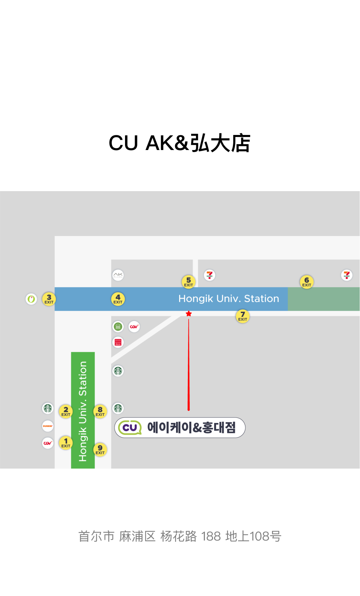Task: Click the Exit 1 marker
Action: pyautogui.click(x=66, y=443)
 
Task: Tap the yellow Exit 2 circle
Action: pyautogui.click(x=66, y=411)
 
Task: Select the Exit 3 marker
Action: pyautogui.click(x=49, y=299)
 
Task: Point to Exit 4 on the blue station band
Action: pyautogui.click(x=118, y=299)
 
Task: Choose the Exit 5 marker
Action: pyautogui.click(x=188, y=282)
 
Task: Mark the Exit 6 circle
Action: pyautogui.click(x=307, y=282)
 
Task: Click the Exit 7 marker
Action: pyautogui.click(x=243, y=316)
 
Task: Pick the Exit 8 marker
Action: pyautogui.click(x=100, y=411)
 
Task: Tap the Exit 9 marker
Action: pyautogui.click(x=100, y=449)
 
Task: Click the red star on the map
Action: pyautogui.click(x=188, y=313)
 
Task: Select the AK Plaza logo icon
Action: pyautogui.click(x=118, y=275)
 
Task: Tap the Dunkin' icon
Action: pyautogui.click(x=48, y=426)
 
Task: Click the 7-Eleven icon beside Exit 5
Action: pyautogui.click(x=209, y=275)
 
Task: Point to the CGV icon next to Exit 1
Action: pyautogui.click(x=48, y=443)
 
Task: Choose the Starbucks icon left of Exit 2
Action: pyautogui.click(x=48, y=408)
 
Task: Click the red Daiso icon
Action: pyautogui.click(x=118, y=342)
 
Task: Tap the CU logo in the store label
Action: pyautogui.click(x=130, y=427)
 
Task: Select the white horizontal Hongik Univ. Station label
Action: pyautogui.click(x=228, y=299)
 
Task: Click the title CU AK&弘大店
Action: pyautogui.click(x=179, y=143)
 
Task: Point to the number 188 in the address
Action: pyautogui.click(x=211, y=536)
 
